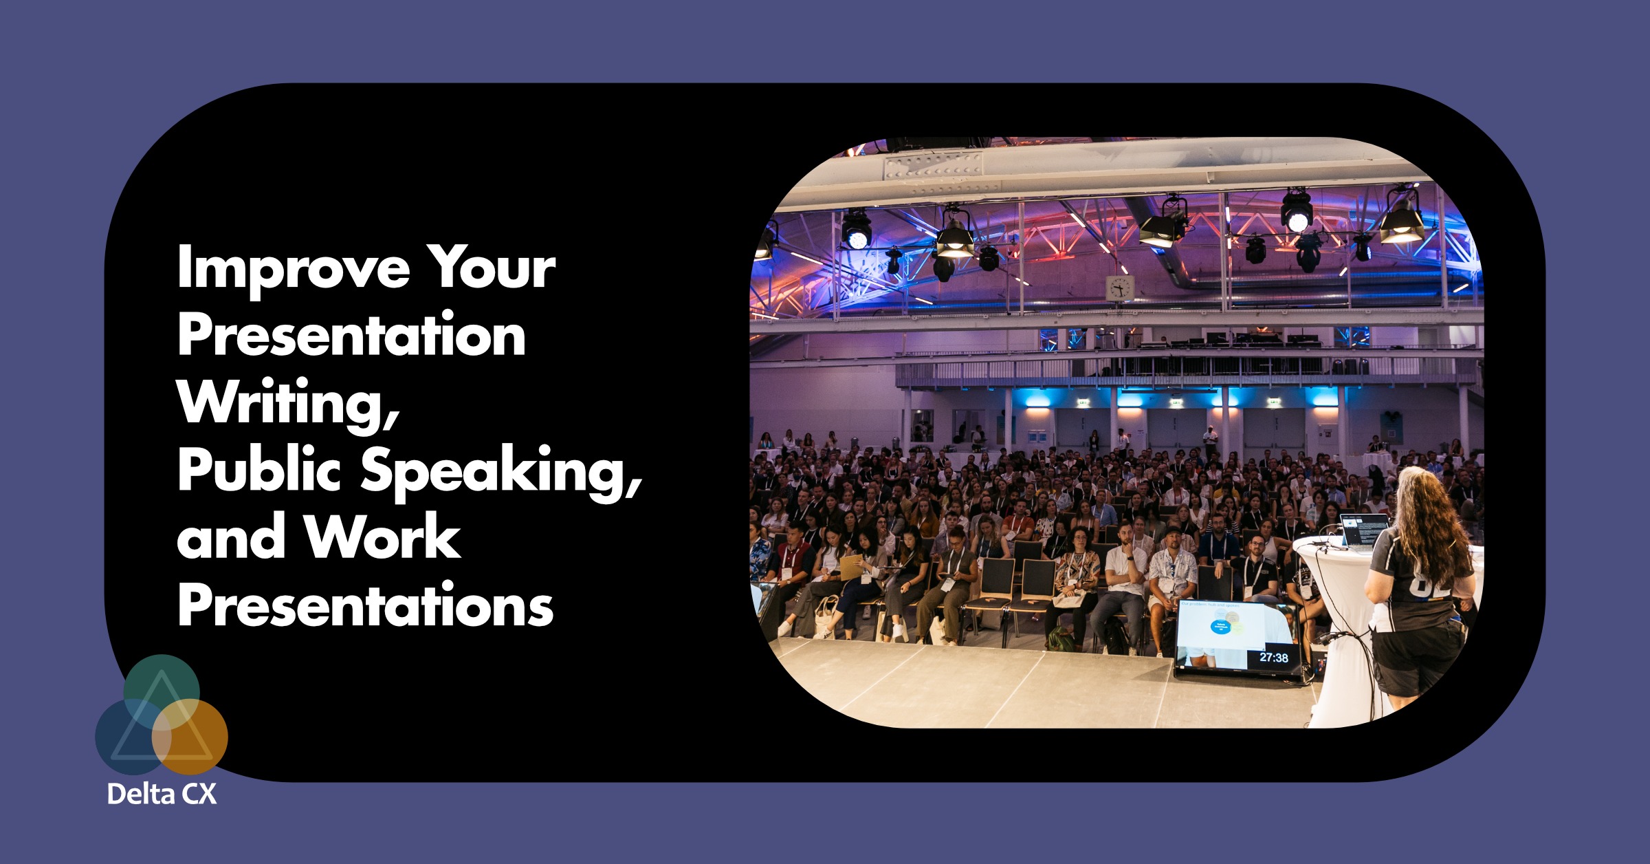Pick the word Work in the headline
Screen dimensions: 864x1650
(x=382, y=538)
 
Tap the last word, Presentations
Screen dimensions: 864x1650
(x=365, y=605)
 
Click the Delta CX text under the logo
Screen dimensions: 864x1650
(x=162, y=795)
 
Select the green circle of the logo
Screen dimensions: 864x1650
(x=161, y=684)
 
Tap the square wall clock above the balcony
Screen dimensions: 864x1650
(x=1119, y=288)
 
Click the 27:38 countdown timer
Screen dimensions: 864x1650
(x=1273, y=658)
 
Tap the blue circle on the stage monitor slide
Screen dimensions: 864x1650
(x=1220, y=627)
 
